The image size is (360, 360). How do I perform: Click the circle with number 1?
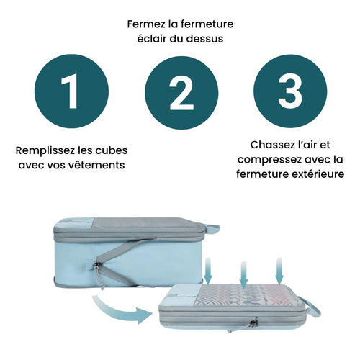71,91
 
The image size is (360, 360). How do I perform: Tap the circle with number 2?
181,93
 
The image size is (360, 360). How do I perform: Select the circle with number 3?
290,91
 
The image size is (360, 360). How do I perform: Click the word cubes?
112,150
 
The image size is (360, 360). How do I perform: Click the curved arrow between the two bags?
121,310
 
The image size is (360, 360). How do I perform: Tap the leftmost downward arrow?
208,271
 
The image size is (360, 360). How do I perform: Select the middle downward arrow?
243,276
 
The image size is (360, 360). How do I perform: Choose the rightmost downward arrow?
279,271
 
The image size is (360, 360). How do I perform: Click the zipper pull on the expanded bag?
98,271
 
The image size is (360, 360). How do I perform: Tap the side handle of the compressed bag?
311,307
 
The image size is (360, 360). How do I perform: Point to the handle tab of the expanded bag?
212,228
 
